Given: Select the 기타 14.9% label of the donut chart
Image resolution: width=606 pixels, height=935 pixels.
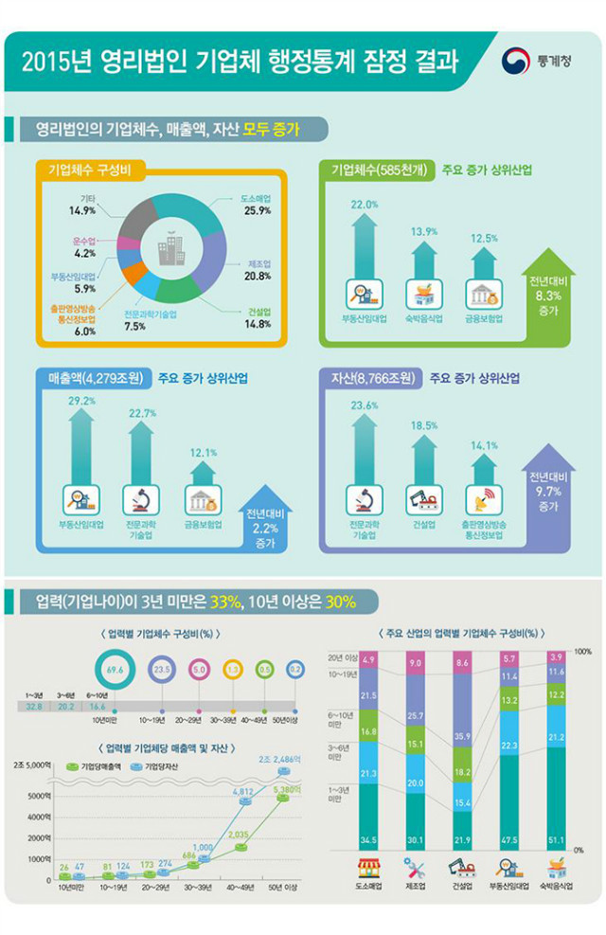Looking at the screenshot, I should [x=83, y=204].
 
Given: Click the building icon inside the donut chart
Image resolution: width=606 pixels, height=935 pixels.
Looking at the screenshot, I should [x=170, y=250].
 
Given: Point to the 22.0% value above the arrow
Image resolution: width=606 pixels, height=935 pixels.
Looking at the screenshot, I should [x=365, y=205].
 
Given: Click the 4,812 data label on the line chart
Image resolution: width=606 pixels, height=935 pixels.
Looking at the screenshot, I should [x=242, y=790].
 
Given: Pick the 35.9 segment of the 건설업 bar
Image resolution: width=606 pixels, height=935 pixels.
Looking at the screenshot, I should [x=464, y=735].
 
